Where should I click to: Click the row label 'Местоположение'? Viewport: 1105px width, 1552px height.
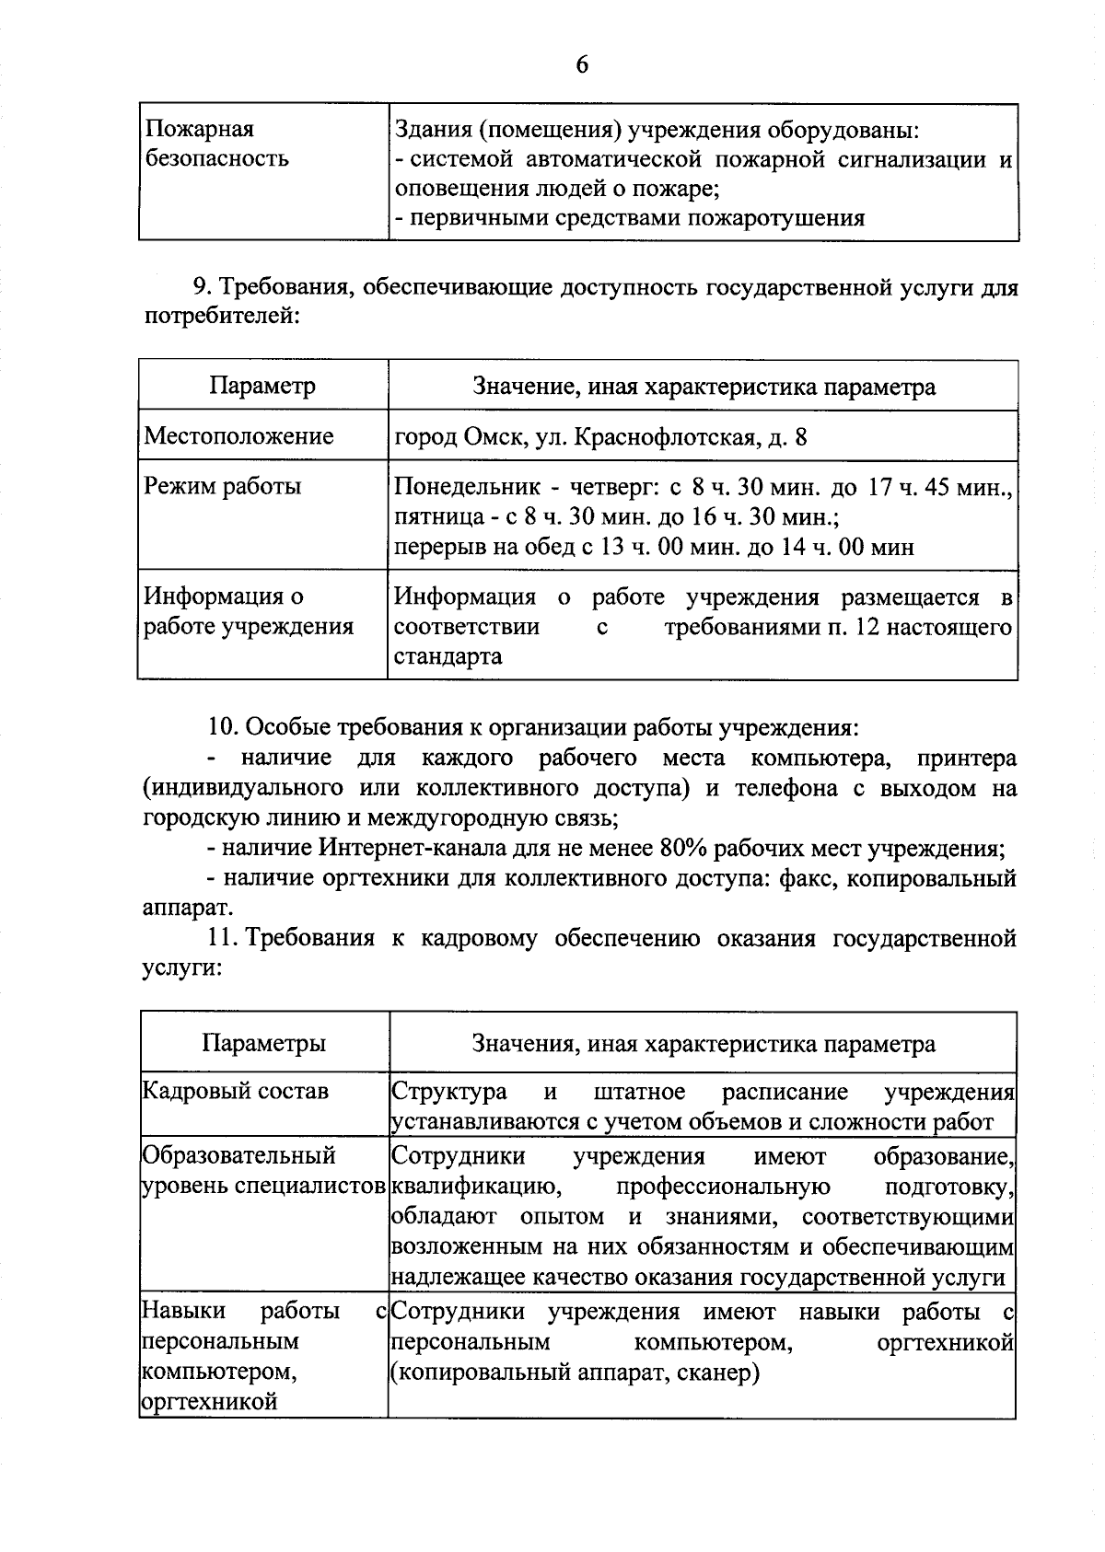click(x=238, y=435)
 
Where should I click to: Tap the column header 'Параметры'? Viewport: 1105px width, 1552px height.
click(x=263, y=1043)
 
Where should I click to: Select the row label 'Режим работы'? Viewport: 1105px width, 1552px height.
click(x=223, y=486)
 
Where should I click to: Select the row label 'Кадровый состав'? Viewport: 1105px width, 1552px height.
click(x=235, y=1092)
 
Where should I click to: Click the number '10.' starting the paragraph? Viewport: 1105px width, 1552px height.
click(x=224, y=726)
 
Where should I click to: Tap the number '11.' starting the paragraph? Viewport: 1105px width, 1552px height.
click(x=224, y=938)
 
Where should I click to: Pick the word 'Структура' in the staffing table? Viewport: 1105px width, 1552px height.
click(x=449, y=1092)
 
